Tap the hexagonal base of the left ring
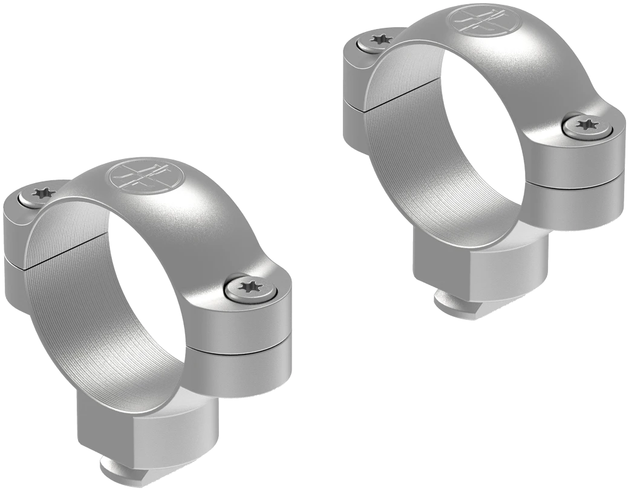152,423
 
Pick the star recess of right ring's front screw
584,124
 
